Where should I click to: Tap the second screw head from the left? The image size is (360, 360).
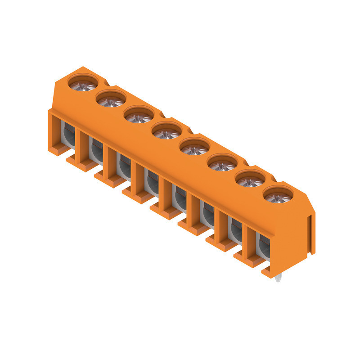(x=110, y=99)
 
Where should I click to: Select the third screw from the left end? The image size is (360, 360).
(x=139, y=115)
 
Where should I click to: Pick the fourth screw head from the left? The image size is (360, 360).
(x=166, y=132)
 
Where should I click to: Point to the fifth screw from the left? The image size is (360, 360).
(x=194, y=148)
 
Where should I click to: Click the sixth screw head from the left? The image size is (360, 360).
(x=222, y=164)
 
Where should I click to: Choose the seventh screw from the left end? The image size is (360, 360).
(x=250, y=180)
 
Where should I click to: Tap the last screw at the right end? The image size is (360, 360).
(x=278, y=196)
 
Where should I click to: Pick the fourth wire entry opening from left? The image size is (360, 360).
(x=151, y=182)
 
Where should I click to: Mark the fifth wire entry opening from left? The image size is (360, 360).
(x=179, y=198)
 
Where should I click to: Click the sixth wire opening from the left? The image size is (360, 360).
(x=207, y=214)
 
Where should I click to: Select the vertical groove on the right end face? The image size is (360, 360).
(x=310, y=234)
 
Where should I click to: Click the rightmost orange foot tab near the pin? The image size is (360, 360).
(x=268, y=271)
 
